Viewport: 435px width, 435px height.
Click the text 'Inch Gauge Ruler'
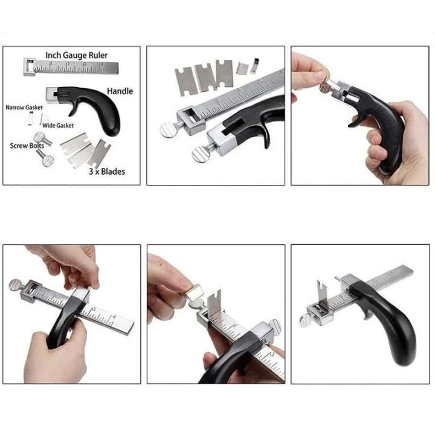(76, 55)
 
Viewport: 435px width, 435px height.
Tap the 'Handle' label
(120, 91)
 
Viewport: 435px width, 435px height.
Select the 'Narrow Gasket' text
(24, 108)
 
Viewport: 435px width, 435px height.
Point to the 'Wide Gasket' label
(58, 126)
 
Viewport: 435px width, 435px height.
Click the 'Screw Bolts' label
(27, 146)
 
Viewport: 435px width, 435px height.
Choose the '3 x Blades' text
(107, 172)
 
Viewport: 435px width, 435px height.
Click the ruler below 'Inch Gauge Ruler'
(71, 67)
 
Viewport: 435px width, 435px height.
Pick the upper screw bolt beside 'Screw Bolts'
(42, 138)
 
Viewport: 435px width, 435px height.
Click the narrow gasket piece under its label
(31, 119)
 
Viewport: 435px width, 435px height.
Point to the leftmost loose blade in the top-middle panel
(185, 82)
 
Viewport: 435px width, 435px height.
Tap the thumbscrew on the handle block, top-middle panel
(201, 154)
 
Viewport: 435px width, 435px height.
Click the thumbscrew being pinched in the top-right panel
(324, 88)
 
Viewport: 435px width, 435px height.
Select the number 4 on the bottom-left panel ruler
(115, 317)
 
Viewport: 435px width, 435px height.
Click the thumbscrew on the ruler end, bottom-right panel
(306, 321)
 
